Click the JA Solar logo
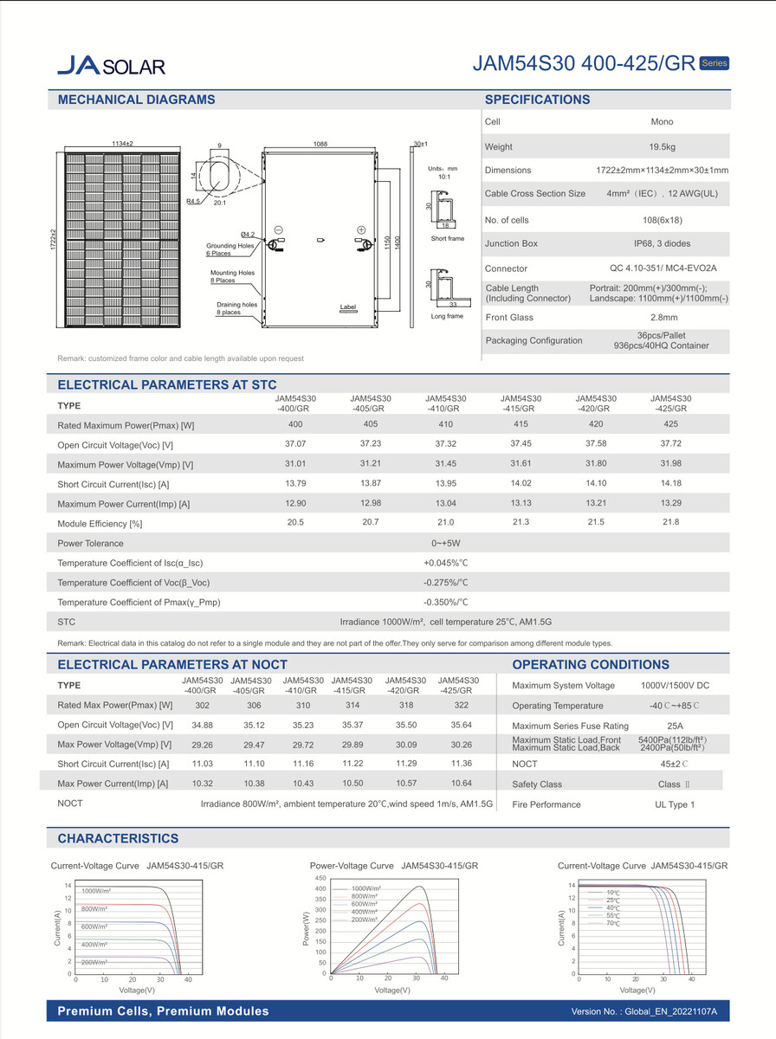(111, 65)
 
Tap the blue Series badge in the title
(714, 63)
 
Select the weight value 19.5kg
(662, 147)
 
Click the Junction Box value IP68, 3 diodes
(662, 244)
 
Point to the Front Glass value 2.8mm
(662, 317)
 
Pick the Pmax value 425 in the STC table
(670, 425)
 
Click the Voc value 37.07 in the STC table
(295, 444)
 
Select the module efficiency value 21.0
(445, 523)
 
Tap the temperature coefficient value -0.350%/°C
(445, 602)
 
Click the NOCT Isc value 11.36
(455, 764)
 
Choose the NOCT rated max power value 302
(202, 706)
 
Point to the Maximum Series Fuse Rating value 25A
(675, 726)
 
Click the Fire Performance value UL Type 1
(675, 805)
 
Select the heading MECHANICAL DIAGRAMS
(136, 100)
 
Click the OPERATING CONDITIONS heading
(591, 665)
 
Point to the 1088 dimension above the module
(320, 145)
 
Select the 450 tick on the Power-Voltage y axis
(320, 878)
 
